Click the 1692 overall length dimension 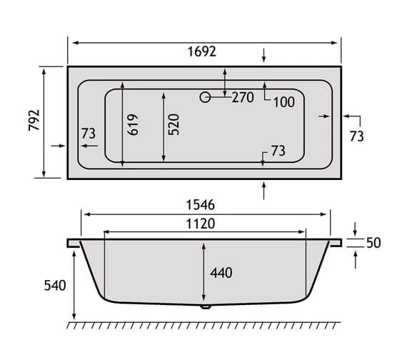tap(202, 51)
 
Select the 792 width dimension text tap(28, 121)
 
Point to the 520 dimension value tap(174, 125)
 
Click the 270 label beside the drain tap(242, 98)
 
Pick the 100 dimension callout tap(283, 101)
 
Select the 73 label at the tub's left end tap(89, 134)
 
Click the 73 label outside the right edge tap(357, 135)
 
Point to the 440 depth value tap(221, 272)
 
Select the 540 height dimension tap(54, 285)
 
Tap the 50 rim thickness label tap(373, 243)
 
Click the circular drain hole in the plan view tap(206, 98)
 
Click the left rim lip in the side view tap(74, 243)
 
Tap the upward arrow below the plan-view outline tap(265, 190)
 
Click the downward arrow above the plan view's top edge tap(265, 55)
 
